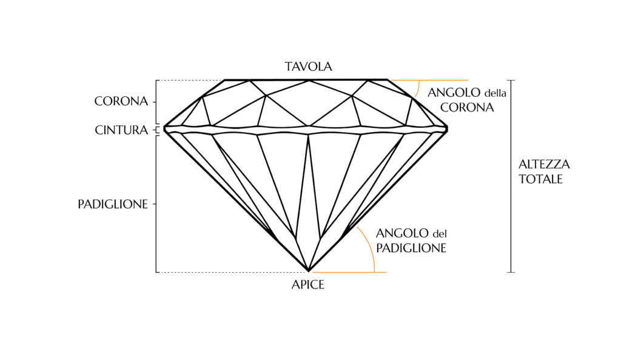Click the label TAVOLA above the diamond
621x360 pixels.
click(x=309, y=67)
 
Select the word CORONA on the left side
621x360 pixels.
click(x=121, y=101)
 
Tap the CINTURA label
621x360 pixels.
click(x=121, y=130)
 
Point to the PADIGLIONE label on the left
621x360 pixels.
click(x=113, y=204)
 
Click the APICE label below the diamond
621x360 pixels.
click(x=307, y=284)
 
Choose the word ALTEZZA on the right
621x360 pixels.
click(x=544, y=164)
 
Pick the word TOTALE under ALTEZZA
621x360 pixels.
click(x=540, y=179)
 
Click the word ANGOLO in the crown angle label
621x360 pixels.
click(x=454, y=93)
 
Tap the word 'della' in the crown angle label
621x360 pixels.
click(x=495, y=93)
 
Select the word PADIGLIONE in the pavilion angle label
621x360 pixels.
click(x=411, y=248)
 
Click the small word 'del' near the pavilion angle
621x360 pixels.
click(x=440, y=234)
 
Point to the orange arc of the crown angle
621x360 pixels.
click(x=418, y=88)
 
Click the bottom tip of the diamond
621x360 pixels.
click(x=309, y=272)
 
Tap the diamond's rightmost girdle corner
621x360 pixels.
click(x=448, y=128)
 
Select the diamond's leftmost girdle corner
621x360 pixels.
click(x=164, y=128)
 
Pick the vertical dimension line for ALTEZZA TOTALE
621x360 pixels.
click(x=511, y=176)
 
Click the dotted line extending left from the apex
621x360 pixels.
click(x=232, y=272)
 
